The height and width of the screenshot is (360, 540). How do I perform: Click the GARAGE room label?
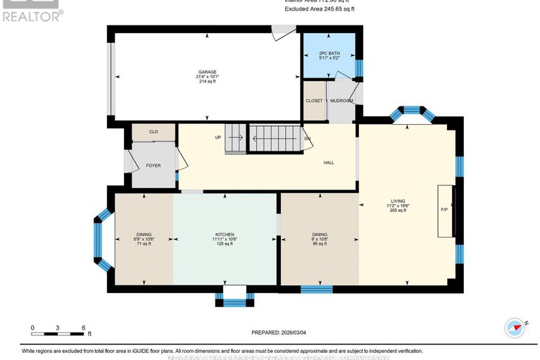click(206, 71)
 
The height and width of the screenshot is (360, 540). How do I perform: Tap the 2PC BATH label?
click(329, 54)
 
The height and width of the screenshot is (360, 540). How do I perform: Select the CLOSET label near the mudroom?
click(314, 101)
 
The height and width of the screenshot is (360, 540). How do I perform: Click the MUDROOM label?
click(341, 101)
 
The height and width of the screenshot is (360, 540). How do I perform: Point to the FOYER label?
click(153, 166)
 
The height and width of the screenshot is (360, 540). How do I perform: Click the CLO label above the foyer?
click(153, 132)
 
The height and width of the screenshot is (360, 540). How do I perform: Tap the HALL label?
click(328, 163)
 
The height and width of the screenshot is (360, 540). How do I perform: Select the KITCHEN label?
click(225, 235)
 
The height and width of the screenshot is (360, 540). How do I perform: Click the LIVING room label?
click(398, 200)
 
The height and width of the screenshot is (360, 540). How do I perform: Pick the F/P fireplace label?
click(444, 210)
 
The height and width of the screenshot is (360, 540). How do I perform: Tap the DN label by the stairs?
click(307, 138)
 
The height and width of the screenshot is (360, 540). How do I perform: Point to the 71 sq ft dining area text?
click(144, 244)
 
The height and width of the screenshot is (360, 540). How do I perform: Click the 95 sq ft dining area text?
click(320, 244)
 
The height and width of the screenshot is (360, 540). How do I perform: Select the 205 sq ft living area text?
click(398, 210)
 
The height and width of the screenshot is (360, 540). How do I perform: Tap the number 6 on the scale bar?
click(84, 328)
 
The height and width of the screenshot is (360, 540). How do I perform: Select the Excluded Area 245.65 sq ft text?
click(320, 9)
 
